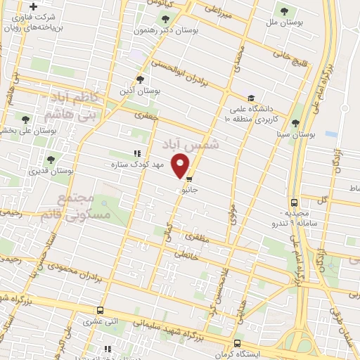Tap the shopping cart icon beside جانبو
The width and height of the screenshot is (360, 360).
(x=189, y=179)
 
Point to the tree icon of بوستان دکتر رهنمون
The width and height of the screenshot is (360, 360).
(x=165, y=19)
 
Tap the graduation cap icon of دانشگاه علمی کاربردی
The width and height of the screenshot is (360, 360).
(x=250, y=98)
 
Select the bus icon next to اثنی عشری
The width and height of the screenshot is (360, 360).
(x=101, y=310)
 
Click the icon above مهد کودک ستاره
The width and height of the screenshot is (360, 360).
(x=136, y=153)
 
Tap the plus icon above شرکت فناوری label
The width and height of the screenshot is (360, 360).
(x=32, y=6)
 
